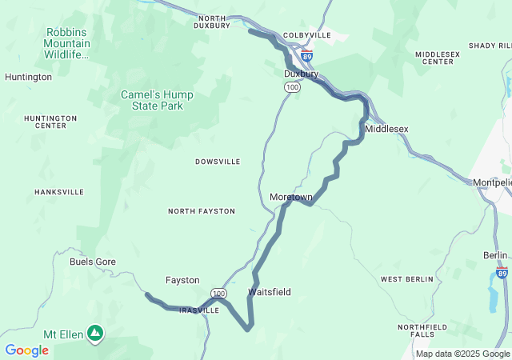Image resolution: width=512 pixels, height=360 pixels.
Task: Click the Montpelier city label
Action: [491, 182]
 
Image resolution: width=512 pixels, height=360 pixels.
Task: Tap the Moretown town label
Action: [291, 197]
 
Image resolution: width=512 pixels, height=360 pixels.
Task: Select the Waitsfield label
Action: [270, 292]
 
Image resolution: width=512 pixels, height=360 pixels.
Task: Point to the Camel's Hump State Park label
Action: [157, 100]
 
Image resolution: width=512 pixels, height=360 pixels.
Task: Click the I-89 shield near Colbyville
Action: [307, 56]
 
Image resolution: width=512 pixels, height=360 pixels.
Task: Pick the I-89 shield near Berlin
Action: [502, 273]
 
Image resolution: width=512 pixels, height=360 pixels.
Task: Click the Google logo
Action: [26, 350]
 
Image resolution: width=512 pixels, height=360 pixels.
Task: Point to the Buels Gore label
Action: [93, 262]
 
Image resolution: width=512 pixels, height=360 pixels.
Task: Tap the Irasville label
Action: [199, 310]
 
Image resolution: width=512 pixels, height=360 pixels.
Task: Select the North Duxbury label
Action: [213, 22]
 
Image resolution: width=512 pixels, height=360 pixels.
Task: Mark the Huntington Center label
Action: [50, 122]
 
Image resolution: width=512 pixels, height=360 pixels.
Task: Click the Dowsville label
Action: [218, 162]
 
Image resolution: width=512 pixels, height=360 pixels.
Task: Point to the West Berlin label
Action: [406, 279]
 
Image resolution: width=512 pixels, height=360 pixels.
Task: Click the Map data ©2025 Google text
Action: [462, 354]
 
